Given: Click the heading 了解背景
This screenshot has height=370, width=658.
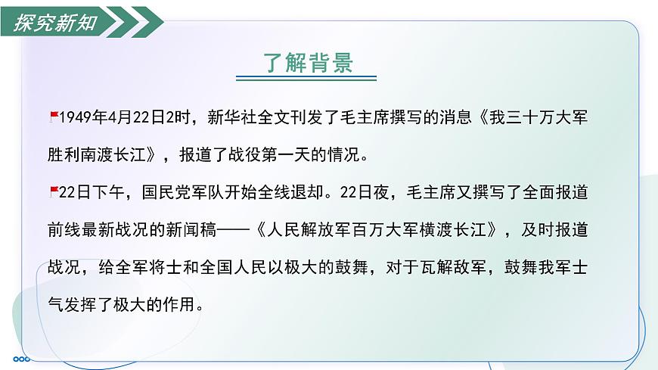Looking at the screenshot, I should click(308, 61).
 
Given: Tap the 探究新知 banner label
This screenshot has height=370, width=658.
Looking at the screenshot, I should click(55, 22).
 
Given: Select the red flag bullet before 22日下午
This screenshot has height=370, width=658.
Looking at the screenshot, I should click(53, 188).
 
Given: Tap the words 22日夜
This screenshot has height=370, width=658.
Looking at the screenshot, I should click(367, 192).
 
